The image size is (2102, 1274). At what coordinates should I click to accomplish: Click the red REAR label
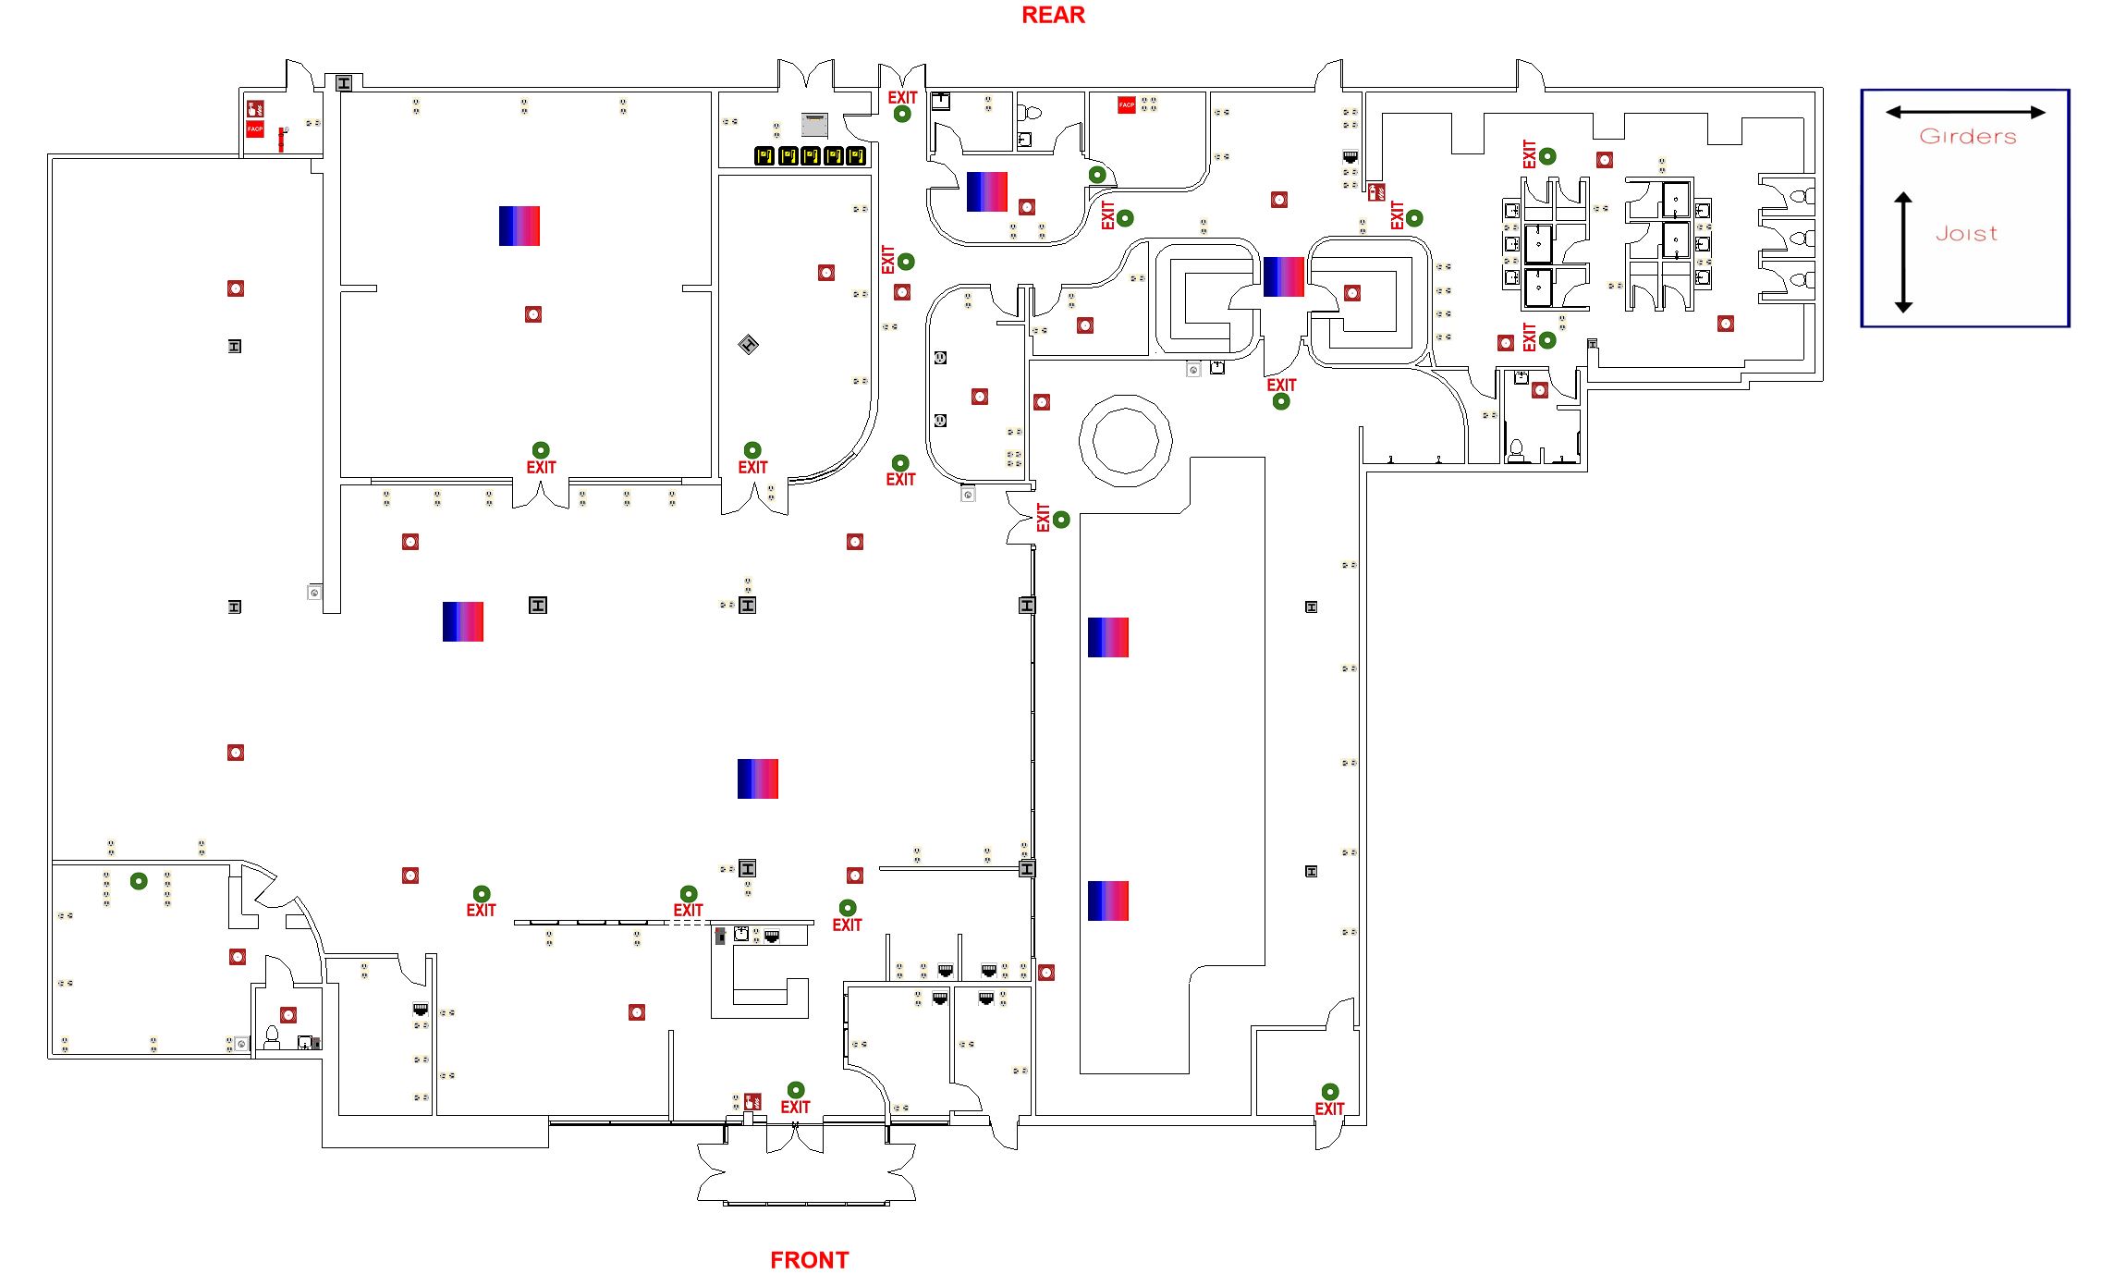point(1053,16)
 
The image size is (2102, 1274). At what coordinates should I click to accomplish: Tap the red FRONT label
point(809,1260)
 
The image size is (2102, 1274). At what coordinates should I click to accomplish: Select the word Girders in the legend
point(1967,137)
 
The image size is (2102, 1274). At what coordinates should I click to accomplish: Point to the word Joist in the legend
point(1966,234)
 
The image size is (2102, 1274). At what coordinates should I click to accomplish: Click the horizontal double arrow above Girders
point(1965,113)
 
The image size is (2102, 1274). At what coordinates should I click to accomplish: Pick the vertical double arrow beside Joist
point(1902,251)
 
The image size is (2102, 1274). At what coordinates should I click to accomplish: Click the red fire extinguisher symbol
point(281,139)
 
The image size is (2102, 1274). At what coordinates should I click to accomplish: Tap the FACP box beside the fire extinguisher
point(255,129)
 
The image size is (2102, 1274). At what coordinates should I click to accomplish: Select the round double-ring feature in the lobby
point(1125,441)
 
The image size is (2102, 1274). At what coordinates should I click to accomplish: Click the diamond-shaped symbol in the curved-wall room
point(749,345)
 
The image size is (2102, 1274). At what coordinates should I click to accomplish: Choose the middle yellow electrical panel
point(811,156)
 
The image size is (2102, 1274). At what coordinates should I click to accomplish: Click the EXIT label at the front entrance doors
point(795,1108)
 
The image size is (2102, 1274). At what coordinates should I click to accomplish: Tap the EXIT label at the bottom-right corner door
point(1329,1109)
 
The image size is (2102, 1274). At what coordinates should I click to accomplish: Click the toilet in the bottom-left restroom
point(273,1036)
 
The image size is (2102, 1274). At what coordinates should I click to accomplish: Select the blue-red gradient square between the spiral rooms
point(1283,276)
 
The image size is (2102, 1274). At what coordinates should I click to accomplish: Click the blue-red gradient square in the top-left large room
point(519,226)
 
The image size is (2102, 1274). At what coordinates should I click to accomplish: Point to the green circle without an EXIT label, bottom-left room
point(139,881)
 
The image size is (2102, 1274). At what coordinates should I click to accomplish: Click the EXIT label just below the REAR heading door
point(902,98)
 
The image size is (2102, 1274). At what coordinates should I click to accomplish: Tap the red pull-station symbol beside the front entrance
point(752,1101)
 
